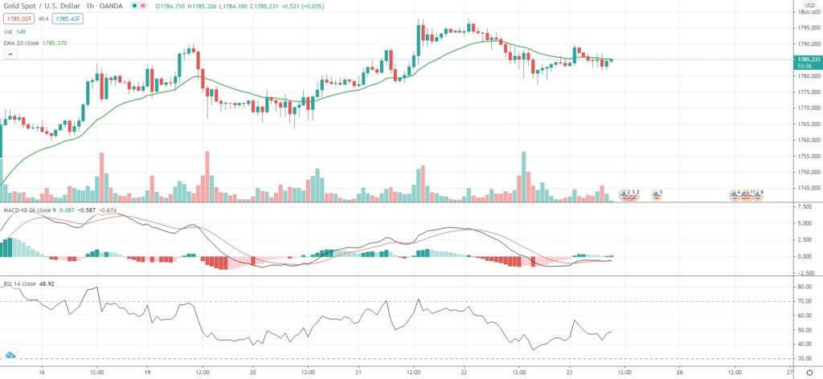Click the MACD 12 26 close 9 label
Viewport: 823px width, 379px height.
[29, 210]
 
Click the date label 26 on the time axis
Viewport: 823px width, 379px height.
[680, 373]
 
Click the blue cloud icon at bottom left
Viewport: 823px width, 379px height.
[11, 355]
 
